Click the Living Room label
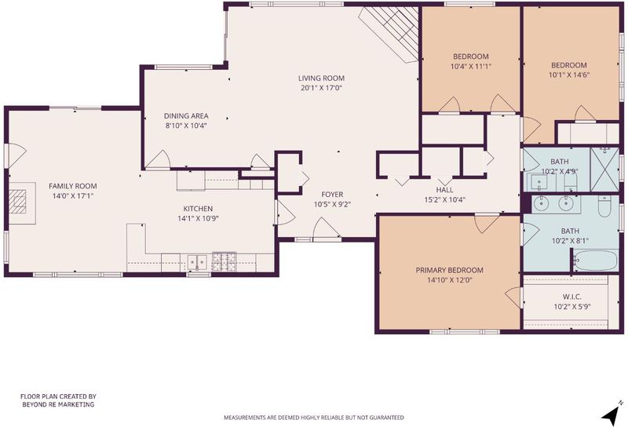click(321, 78)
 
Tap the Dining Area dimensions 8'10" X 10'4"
click(186, 126)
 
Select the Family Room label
click(73, 186)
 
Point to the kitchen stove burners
click(225, 261)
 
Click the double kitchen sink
click(198, 262)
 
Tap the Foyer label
click(332, 195)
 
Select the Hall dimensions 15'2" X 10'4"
click(445, 199)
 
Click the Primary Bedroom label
click(449, 270)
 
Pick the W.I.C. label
click(572, 297)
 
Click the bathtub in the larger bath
click(595, 260)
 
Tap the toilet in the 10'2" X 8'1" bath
click(604, 206)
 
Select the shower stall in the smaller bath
click(604, 170)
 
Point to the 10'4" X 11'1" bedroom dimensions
click(471, 67)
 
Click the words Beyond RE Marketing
click(58, 404)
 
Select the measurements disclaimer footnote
click(313, 418)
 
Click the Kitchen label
click(198, 209)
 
